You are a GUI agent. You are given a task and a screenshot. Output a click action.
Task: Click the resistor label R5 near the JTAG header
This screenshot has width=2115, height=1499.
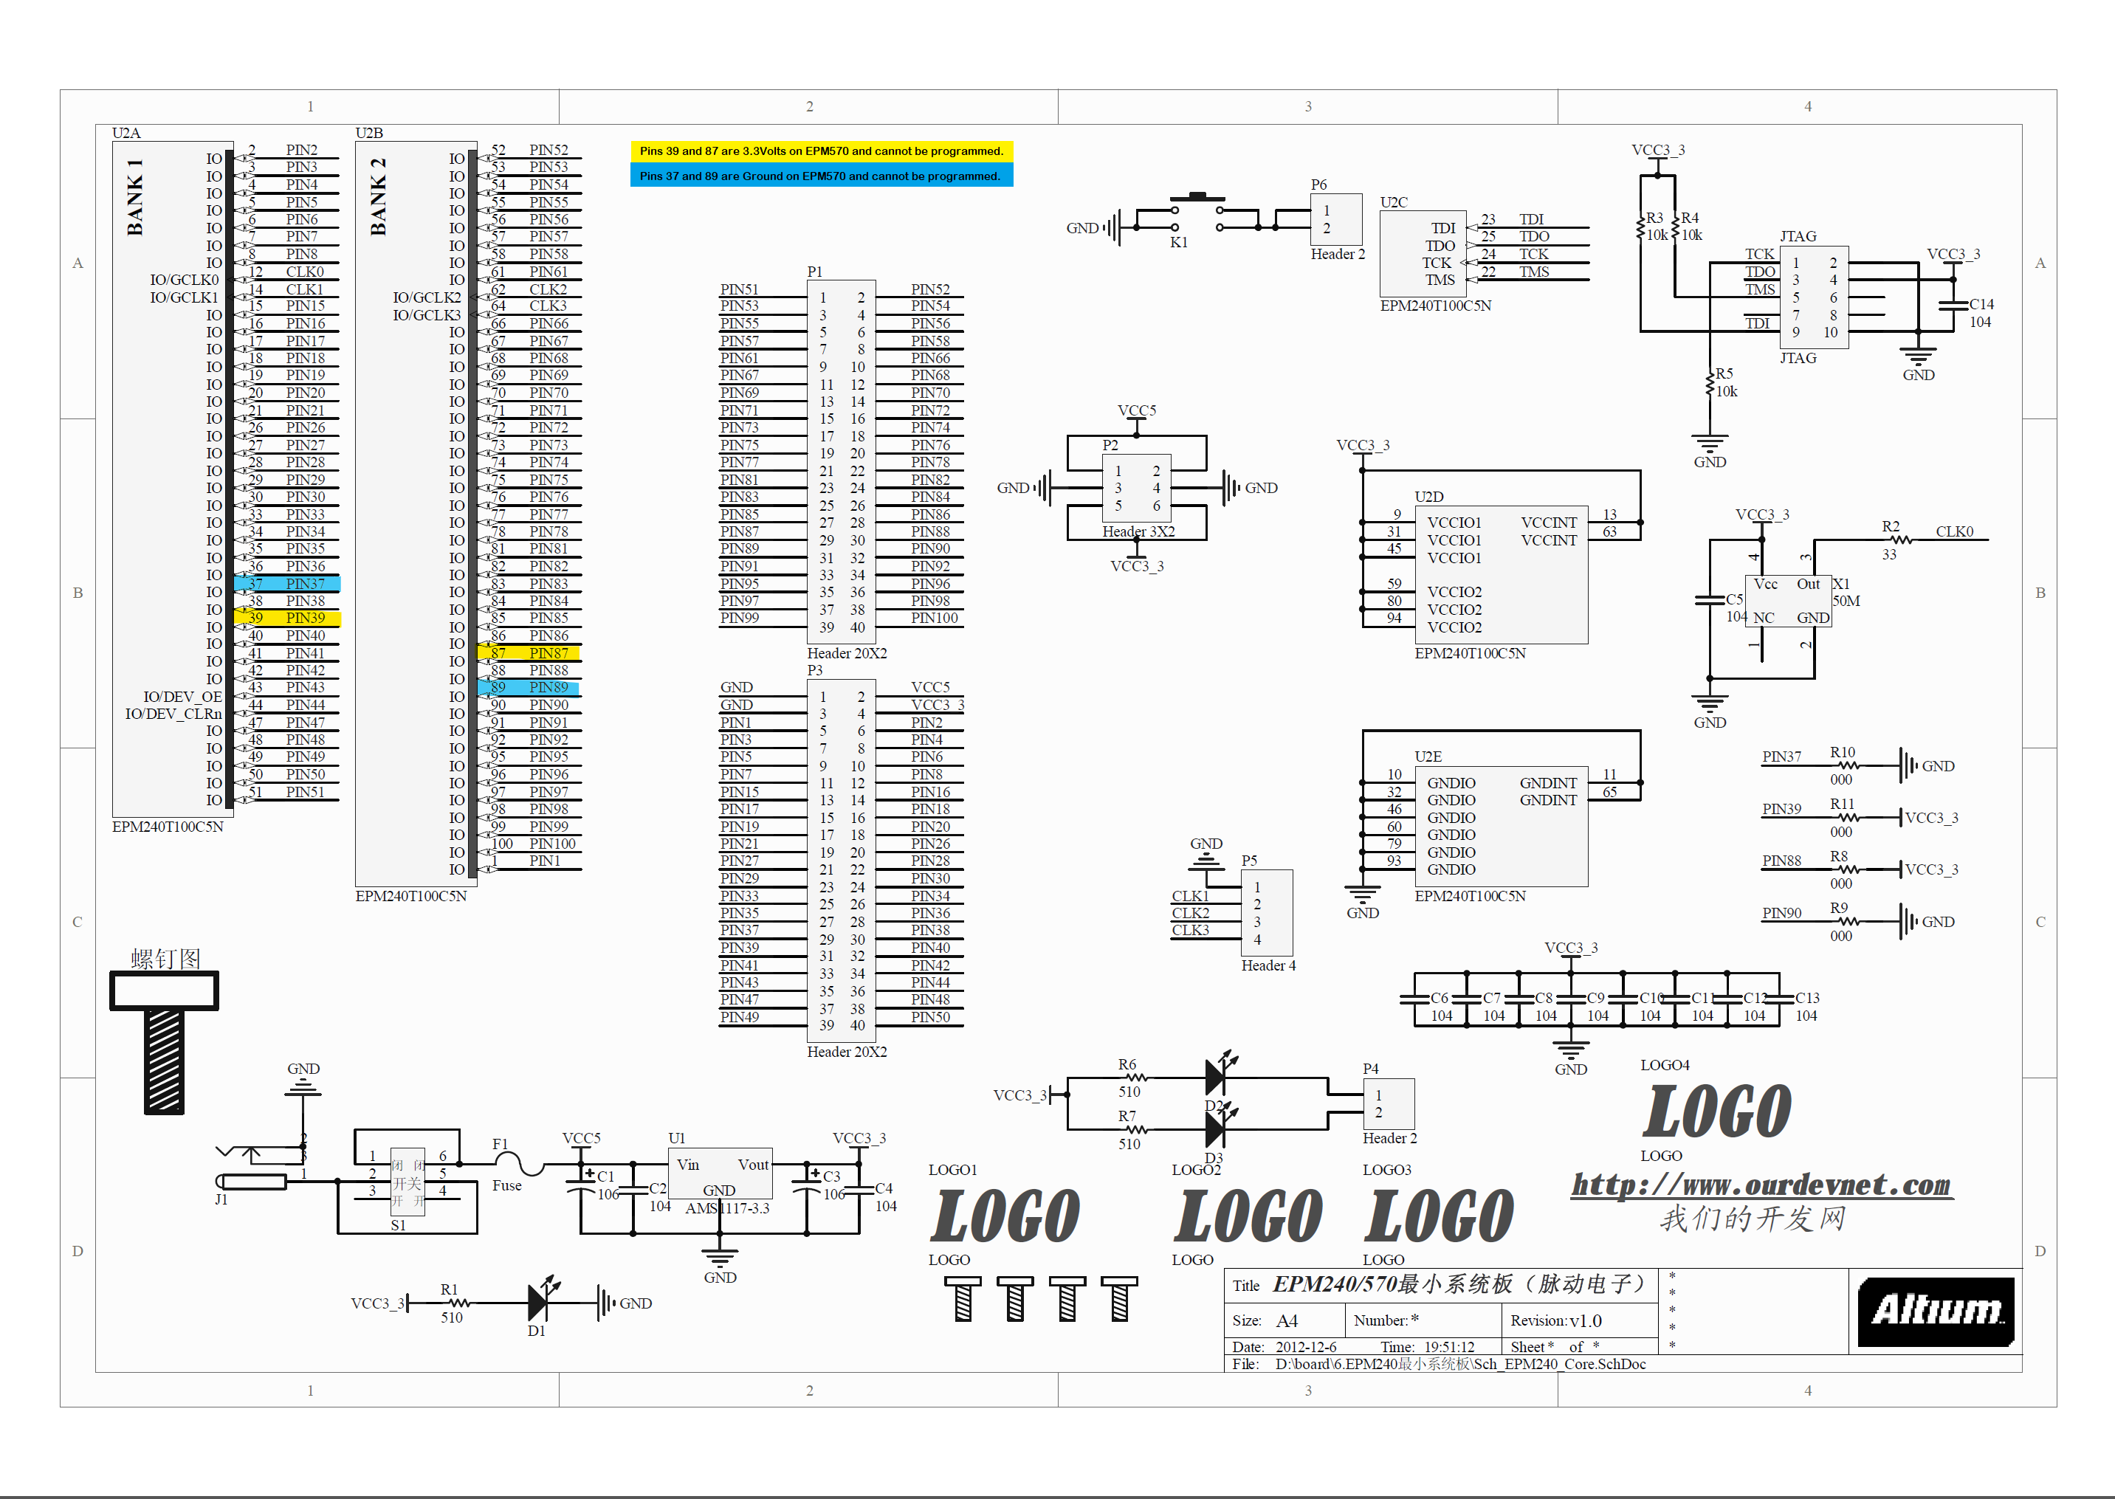pos(1724,373)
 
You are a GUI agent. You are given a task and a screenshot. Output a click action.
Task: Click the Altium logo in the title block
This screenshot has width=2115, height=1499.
pos(1935,1311)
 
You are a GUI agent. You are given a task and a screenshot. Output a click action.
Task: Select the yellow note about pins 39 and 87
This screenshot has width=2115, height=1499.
pos(821,151)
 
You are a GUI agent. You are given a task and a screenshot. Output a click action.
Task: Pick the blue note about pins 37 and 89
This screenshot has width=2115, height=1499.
pos(821,176)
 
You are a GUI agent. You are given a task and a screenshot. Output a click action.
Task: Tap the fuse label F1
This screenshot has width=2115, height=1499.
pos(500,1144)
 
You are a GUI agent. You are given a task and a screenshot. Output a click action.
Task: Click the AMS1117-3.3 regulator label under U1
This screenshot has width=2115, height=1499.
pos(726,1208)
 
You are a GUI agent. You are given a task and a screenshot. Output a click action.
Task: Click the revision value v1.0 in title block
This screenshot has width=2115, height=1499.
pos(1585,1321)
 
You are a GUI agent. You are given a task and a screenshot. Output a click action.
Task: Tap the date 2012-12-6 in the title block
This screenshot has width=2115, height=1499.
pos(1305,1347)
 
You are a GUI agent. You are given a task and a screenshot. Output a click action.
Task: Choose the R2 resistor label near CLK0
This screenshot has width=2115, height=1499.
pos(1891,526)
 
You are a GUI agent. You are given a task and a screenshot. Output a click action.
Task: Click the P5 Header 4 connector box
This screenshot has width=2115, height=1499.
pos(1267,912)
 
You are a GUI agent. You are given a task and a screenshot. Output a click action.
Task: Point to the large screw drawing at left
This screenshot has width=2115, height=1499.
pos(165,1043)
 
